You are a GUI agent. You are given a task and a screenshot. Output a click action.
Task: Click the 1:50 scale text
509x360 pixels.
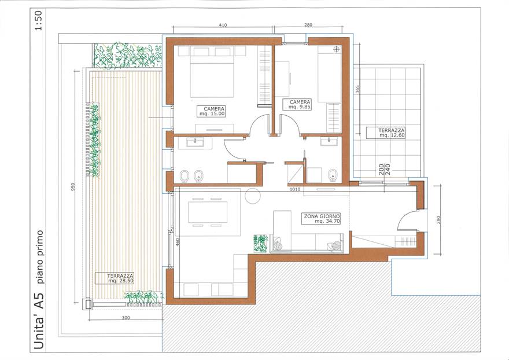coord(39,20)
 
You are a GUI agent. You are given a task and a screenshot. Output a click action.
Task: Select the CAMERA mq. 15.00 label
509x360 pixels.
coord(211,111)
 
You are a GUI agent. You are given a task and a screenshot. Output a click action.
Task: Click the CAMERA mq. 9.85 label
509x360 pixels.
coord(297,104)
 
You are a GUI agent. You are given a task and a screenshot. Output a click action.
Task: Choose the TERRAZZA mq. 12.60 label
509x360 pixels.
coord(386,133)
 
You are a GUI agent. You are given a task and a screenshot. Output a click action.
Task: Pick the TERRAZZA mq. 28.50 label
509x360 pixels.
coord(115,278)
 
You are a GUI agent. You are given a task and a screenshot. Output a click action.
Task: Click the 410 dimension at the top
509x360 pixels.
coord(223,25)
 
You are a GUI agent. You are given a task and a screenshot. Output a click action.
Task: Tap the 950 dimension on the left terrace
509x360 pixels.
coord(73,186)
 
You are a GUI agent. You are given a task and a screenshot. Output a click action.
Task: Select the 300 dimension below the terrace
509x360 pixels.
coord(126,317)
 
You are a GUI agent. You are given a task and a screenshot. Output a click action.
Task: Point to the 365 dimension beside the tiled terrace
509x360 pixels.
coord(357,89)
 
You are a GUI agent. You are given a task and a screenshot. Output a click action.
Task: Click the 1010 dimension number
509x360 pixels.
coord(295,189)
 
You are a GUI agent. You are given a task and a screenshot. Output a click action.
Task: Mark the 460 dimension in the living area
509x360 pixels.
coord(178,243)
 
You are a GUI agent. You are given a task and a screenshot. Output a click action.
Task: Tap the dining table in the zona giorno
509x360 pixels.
coord(208,212)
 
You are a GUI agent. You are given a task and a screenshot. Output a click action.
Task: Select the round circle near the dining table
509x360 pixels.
coord(253,196)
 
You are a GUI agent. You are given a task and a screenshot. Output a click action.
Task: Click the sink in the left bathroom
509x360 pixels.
coord(195,142)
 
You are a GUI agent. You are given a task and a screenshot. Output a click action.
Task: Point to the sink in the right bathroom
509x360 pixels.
coord(329,141)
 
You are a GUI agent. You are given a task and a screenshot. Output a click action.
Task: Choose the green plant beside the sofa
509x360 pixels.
coord(261,243)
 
